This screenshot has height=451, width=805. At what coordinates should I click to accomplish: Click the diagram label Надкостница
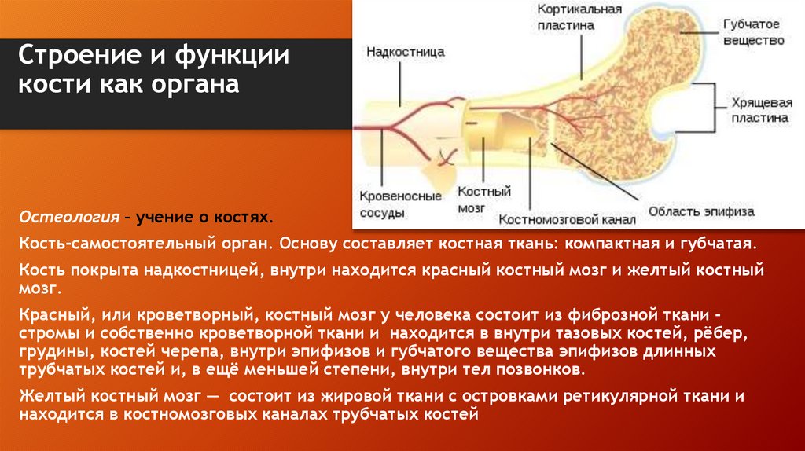[406, 52]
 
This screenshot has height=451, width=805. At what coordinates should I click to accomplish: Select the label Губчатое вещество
[754, 32]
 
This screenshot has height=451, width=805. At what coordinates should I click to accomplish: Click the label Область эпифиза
[700, 211]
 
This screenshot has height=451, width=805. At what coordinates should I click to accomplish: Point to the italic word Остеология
[69, 215]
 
